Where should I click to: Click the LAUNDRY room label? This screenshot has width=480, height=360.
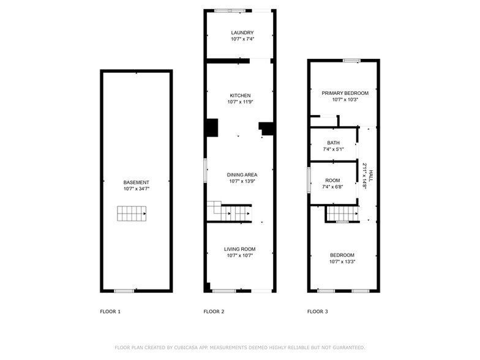click(242, 32)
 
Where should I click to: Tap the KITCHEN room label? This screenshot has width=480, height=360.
click(240, 96)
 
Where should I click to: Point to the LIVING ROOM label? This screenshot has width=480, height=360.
click(239, 249)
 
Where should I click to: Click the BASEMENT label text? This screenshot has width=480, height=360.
click(136, 182)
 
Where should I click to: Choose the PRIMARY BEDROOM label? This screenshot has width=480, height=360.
click(343, 93)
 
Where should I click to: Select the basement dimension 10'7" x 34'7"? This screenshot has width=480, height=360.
click(136, 189)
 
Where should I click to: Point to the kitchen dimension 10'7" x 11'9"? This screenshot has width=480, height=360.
click(240, 102)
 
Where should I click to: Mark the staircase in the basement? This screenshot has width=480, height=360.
click(132, 213)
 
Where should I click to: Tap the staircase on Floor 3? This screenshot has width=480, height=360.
click(342, 213)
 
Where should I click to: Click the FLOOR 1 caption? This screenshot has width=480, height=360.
click(110, 312)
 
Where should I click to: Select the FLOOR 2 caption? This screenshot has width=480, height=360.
click(214, 312)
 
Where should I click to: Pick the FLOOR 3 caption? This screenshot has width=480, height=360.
click(318, 312)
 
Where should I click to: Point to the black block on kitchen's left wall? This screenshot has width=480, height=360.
click(212, 127)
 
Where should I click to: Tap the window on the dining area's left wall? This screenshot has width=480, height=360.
click(205, 170)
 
